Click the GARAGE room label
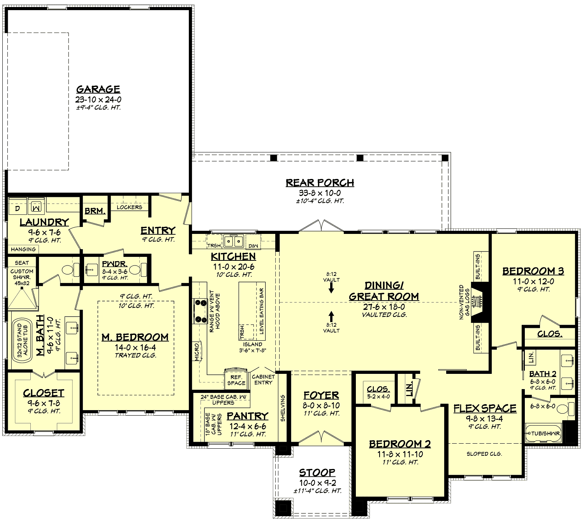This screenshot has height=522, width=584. (98, 89)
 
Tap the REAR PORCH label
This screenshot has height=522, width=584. (320, 182)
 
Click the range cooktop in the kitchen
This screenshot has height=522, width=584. (201, 310)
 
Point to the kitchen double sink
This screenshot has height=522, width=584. (233, 241)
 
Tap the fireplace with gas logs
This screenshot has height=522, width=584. (476, 302)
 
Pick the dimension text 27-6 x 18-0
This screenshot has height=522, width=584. (384, 307)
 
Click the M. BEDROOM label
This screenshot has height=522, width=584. (135, 337)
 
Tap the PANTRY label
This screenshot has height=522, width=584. (247, 416)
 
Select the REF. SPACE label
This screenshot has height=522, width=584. (236, 380)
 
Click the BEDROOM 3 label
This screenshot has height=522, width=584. (533, 271)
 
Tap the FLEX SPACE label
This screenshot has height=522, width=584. (485, 409)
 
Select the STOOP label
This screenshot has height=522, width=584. (317, 472)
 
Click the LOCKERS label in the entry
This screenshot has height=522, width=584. (129, 207)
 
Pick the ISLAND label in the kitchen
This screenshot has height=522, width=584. (253, 344)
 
